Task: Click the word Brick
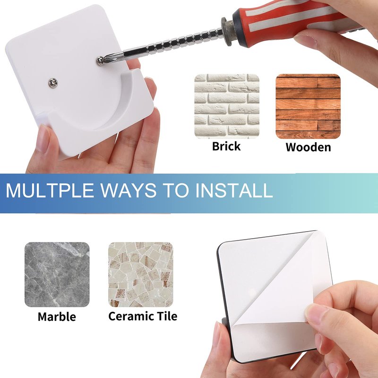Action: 226,146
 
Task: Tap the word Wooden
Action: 308,147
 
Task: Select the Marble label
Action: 57,317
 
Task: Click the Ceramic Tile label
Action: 143,316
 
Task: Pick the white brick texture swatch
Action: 227,106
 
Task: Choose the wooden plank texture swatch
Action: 308,106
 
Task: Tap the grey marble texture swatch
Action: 57,275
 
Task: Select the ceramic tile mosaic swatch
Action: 141,275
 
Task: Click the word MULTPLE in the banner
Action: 50,190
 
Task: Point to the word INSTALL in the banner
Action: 234,190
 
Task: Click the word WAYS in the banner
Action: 128,190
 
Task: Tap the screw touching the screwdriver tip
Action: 100,60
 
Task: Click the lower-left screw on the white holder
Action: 53,83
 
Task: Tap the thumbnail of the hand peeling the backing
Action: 316,312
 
